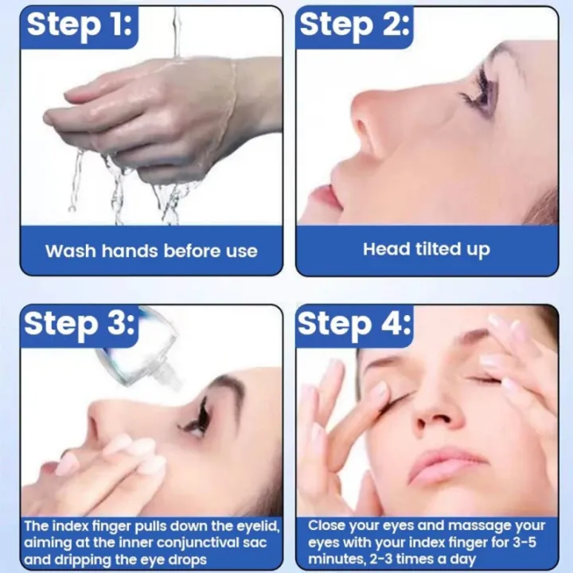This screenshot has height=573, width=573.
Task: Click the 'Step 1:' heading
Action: [80, 25]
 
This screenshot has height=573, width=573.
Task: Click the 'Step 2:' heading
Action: [355, 25]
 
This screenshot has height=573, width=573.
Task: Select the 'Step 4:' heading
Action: [355, 325]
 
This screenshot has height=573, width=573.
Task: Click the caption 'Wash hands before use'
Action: [151, 251]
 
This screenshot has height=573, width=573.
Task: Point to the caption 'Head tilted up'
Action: [427, 249]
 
